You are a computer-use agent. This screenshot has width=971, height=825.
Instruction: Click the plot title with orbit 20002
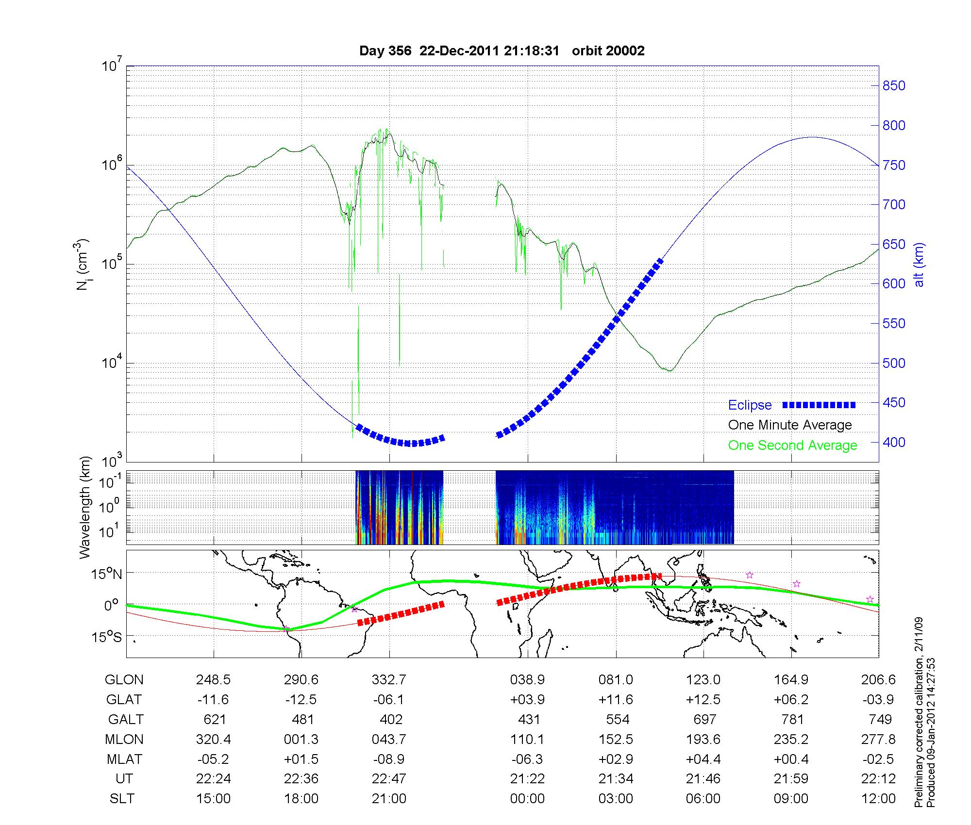[502, 51]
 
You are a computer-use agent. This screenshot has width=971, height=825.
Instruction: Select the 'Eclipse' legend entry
[750, 405]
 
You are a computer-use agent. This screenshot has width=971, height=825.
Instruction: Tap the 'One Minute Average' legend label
[790, 425]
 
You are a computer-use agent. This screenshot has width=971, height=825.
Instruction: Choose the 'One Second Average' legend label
[792, 445]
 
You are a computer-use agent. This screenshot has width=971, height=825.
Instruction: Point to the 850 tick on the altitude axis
[894, 86]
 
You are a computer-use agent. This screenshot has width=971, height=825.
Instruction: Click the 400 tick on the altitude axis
[894, 442]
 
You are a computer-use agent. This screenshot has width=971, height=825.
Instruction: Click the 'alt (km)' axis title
[919, 264]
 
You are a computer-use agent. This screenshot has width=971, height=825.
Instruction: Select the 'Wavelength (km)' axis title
[85, 507]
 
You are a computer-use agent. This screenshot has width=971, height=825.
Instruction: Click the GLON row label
[124, 680]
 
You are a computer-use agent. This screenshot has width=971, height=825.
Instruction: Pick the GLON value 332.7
[389, 680]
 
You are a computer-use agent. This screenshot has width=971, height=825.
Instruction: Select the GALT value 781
[792, 719]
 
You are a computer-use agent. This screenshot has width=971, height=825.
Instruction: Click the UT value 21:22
[527, 779]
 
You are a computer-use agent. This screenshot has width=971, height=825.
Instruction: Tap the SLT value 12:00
[878, 799]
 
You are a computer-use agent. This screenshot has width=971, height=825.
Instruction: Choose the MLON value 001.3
[301, 739]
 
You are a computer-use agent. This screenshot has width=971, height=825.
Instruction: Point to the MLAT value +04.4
[703, 759]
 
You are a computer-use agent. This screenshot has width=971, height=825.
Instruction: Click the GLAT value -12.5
[301, 700]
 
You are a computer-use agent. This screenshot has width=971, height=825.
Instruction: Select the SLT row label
[122, 799]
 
